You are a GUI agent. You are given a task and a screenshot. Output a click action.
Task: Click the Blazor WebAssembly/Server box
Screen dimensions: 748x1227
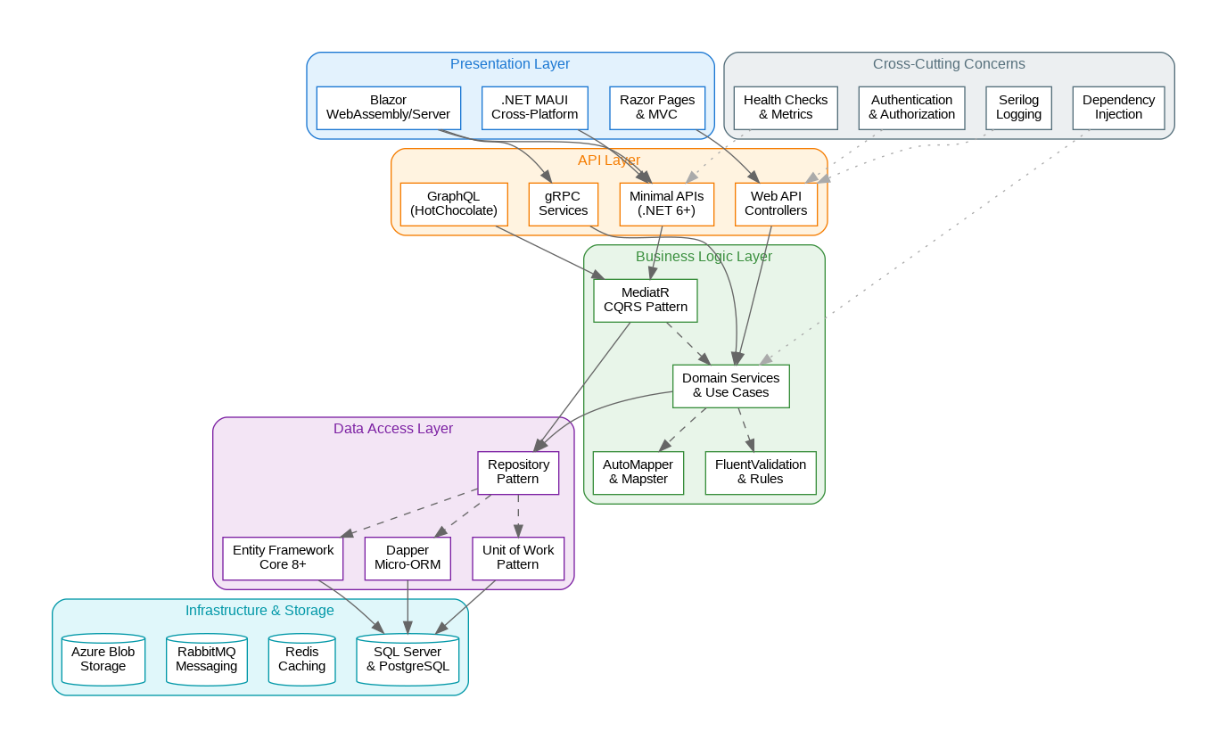pos(389,108)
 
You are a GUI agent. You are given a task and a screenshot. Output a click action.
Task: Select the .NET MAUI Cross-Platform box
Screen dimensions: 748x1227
pos(534,108)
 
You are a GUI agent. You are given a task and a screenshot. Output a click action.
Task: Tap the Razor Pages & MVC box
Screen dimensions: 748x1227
pos(657,108)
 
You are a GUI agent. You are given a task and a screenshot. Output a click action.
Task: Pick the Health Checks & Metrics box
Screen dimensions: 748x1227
pos(786,108)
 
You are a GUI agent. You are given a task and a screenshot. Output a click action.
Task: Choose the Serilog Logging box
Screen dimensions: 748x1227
pos(1018,108)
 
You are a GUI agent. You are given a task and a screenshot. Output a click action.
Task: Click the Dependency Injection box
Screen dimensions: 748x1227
pos(1118,108)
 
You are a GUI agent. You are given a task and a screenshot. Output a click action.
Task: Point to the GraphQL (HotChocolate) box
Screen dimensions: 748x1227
pos(454,204)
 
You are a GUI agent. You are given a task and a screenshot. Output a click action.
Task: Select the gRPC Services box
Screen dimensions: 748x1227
pos(563,204)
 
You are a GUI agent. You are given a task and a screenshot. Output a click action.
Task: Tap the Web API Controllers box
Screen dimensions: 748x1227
pos(776,204)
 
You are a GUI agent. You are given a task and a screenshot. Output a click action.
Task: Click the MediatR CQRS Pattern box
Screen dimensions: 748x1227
pos(646,300)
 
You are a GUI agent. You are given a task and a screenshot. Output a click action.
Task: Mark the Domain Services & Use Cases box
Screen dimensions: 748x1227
pos(730,386)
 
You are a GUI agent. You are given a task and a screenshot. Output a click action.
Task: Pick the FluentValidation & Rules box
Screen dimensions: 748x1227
pos(760,473)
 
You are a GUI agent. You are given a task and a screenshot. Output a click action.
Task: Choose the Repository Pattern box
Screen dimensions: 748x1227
pos(518,473)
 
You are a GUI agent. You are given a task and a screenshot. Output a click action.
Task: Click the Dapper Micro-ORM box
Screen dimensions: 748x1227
pos(408,558)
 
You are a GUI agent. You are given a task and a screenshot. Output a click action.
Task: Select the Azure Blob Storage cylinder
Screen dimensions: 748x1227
pos(103,660)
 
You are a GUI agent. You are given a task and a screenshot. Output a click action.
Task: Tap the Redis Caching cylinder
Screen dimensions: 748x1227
pos(301,660)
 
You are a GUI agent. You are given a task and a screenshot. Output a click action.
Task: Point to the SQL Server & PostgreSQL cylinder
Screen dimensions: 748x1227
pos(408,660)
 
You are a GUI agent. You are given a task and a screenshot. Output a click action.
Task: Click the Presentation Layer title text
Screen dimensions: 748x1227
pos(510,64)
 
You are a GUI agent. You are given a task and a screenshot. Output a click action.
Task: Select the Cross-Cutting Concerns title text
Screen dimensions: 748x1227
pos(949,64)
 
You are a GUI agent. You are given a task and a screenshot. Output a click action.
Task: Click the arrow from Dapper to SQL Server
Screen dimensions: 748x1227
pos(408,606)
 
